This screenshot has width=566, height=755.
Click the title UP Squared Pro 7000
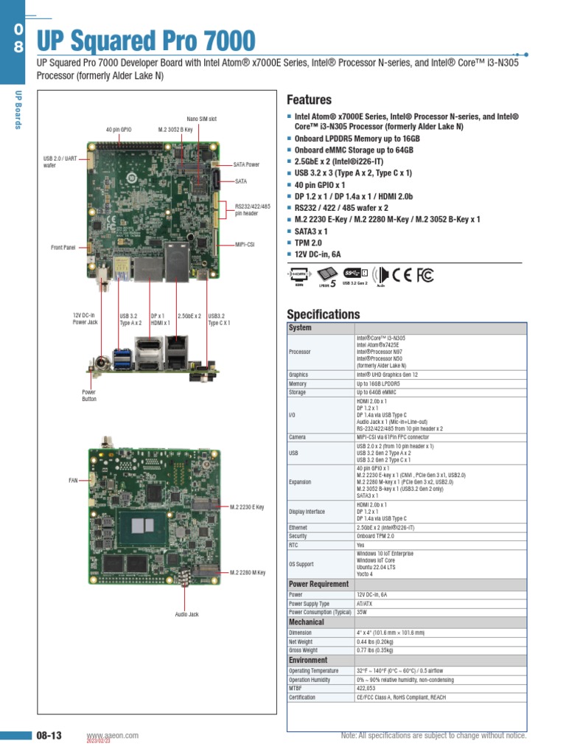point(145,41)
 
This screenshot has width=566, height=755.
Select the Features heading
point(309,100)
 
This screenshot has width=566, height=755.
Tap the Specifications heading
point(324,314)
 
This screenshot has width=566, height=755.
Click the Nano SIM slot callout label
point(201,119)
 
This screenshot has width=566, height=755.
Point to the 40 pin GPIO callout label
point(118,130)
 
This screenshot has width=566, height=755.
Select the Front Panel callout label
point(63,247)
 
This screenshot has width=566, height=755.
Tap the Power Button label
point(88,396)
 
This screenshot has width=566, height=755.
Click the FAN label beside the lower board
point(73,480)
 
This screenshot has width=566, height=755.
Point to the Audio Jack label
point(186,614)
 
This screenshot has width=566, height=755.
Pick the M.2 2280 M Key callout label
point(247,572)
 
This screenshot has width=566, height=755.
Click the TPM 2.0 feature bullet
point(308,243)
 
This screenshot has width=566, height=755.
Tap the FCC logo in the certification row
point(425,275)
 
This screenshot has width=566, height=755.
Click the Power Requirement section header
point(318,584)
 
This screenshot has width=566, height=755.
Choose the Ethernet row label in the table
point(298,528)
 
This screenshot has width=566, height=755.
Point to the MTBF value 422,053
point(366,688)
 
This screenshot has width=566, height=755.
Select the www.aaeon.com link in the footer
point(112,736)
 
